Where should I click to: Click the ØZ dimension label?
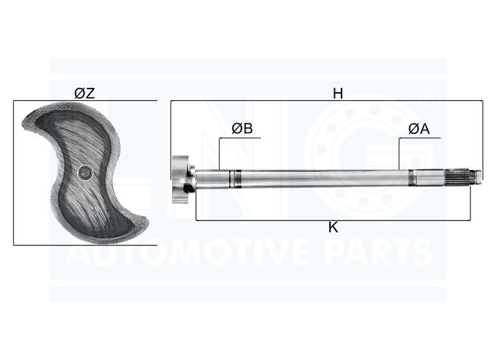(84, 94)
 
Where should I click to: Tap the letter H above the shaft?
(338, 94)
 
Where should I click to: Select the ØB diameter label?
(242, 128)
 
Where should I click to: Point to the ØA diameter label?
(419, 129)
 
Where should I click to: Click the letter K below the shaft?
(333, 228)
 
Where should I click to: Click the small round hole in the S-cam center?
(85, 172)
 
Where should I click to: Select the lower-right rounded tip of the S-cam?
(145, 221)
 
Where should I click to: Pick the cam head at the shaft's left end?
(181, 179)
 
